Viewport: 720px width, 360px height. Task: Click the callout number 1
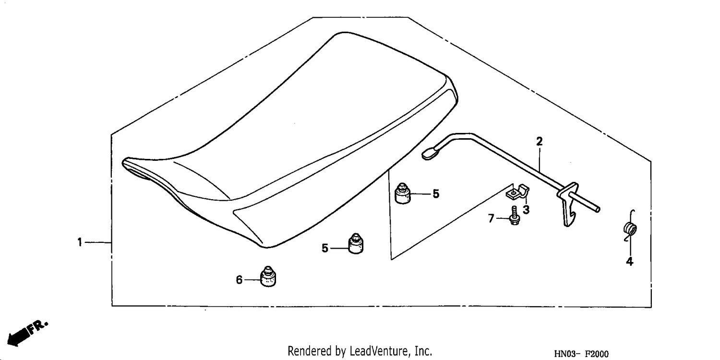(x=80, y=242)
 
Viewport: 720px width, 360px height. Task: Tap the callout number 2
(x=540, y=142)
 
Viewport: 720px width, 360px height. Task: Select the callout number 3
(x=526, y=210)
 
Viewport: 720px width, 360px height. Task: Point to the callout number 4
(x=630, y=261)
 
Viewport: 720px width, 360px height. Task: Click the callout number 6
(x=239, y=280)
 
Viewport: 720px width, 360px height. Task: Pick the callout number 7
(x=491, y=218)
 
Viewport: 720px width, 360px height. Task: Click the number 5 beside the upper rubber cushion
(x=436, y=194)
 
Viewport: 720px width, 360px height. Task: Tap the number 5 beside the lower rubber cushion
(x=325, y=248)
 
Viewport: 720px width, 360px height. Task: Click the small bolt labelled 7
(x=514, y=216)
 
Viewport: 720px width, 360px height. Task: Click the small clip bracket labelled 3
(x=518, y=192)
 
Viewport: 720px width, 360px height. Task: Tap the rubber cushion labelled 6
(x=268, y=276)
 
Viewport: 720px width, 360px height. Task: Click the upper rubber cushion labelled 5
(x=403, y=193)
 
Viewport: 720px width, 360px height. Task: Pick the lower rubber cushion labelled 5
(x=356, y=244)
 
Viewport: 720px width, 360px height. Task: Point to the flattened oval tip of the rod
(x=430, y=154)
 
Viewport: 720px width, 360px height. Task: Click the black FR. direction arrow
(x=27, y=334)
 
